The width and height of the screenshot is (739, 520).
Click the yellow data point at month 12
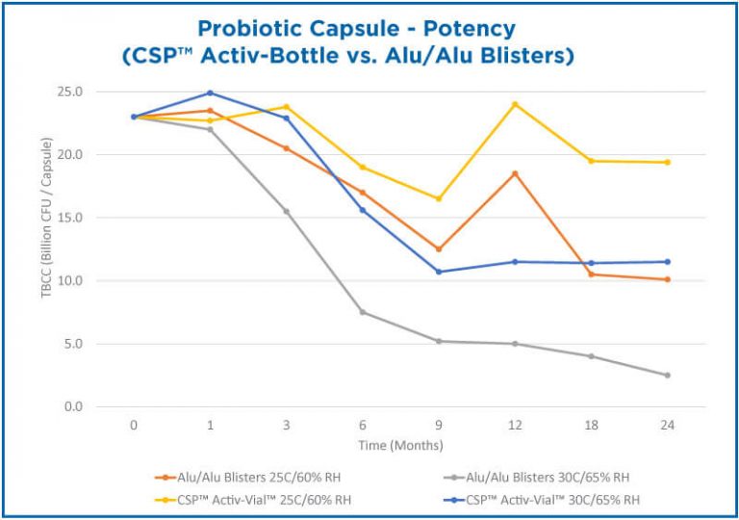pyautogui.click(x=515, y=104)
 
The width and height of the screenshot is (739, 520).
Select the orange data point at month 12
pyautogui.click(x=515, y=173)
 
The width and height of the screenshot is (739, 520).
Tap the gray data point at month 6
pyautogui.click(x=363, y=312)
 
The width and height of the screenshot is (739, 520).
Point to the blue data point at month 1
pyautogui.click(x=210, y=93)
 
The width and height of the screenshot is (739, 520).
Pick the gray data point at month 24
pyautogui.click(x=667, y=375)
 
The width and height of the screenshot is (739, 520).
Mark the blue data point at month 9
pyautogui.click(x=439, y=272)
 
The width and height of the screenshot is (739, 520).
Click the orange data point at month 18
pyautogui.click(x=591, y=274)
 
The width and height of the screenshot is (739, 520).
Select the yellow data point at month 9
pyautogui.click(x=439, y=198)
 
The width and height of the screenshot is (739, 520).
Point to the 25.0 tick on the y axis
pyautogui.click(x=100, y=91)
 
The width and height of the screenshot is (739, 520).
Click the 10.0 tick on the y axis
pyautogui.click(x=100, y=281)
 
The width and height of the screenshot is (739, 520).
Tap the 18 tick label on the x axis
pyautogui.click(x=591, y=425)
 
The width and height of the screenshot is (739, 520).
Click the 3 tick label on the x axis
pyautogui.click(x=286, y=425)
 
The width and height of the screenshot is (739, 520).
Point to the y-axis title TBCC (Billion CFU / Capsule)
pyautogui.click(x=45, y=248)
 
